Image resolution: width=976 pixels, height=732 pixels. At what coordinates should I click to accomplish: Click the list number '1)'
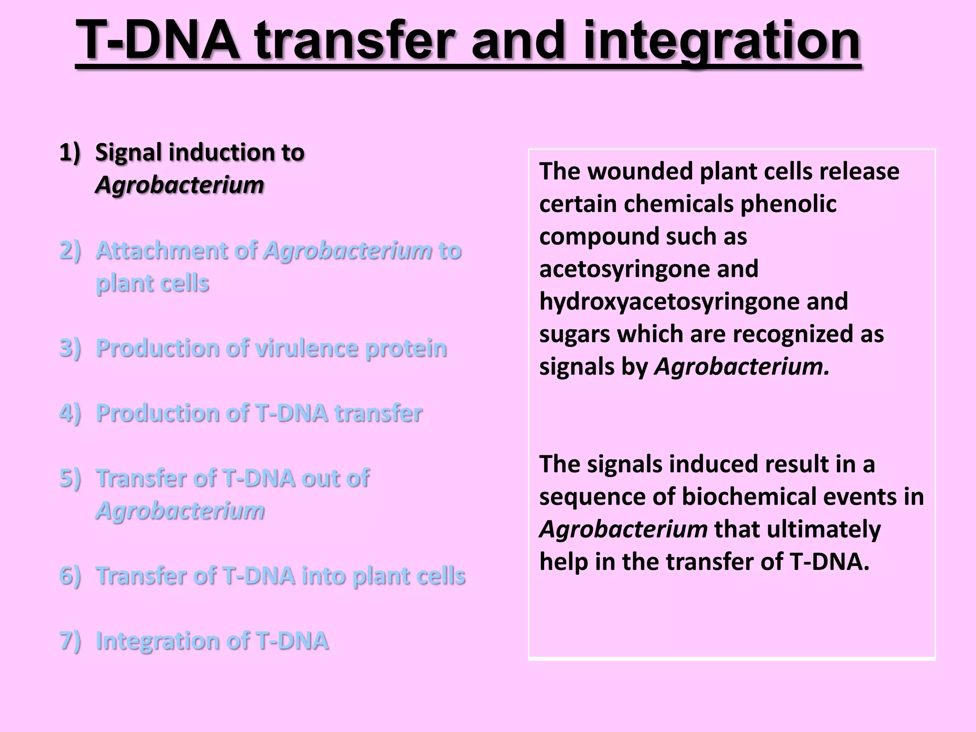(70, 152)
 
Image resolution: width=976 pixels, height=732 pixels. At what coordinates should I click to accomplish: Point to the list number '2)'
(70, 251)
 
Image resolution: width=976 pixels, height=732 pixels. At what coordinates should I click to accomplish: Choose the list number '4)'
(70, 413)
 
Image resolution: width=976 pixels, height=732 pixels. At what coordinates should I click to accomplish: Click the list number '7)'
(70, 640)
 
